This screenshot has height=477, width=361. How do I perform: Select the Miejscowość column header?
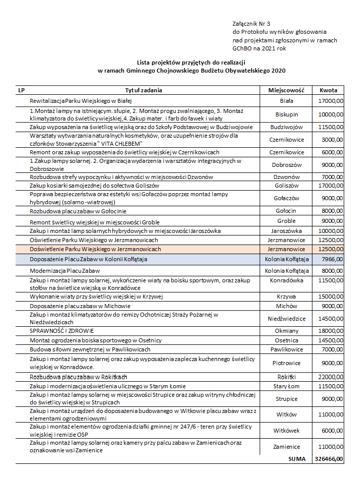point(286,90)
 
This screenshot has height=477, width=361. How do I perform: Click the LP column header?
point(21,90)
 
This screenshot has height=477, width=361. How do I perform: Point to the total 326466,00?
point(329,459)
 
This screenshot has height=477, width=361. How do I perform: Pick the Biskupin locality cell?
point(286,114)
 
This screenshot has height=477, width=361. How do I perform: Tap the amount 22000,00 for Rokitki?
point(331,377)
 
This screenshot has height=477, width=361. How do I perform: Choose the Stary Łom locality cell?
point(286,386)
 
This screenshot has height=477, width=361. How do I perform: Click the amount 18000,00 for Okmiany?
point(331,330)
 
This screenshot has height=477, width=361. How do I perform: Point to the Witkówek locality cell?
point(286,431)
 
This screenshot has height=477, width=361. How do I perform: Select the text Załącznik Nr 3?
point(251,23)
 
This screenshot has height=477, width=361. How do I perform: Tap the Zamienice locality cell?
point(286,447)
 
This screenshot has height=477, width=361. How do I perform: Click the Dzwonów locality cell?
point(286,177)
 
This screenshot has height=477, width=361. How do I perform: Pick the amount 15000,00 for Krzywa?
point(331,296)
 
